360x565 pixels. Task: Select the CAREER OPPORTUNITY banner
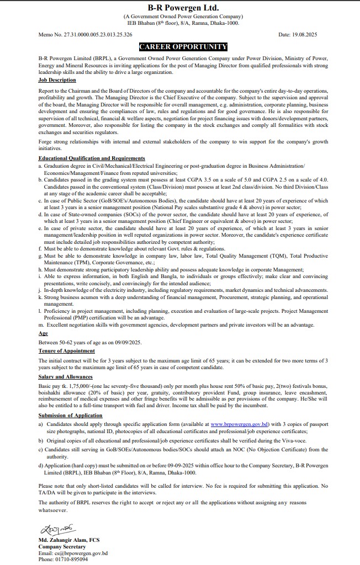click(183, 47)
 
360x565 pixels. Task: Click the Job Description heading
click(57, 80)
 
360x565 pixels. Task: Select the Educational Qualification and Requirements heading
click(92, 158)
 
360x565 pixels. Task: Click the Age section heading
click(43, 334)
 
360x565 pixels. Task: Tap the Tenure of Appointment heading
click(66, 351)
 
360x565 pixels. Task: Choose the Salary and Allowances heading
click(65, 377)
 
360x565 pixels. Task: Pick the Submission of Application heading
click(70, 415)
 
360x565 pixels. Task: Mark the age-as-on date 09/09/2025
click(125, 342)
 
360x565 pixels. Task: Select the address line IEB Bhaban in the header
click(183, 23)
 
